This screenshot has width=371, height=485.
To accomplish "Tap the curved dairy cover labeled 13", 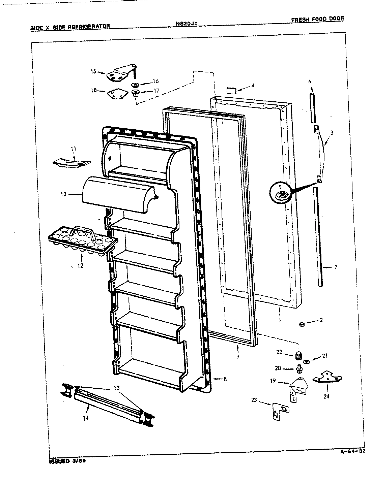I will coord(118,195).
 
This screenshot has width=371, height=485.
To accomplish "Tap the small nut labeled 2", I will coord(302,324).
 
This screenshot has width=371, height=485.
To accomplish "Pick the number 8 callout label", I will coord(225,379).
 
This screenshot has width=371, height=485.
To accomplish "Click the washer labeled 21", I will coord(307,362).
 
